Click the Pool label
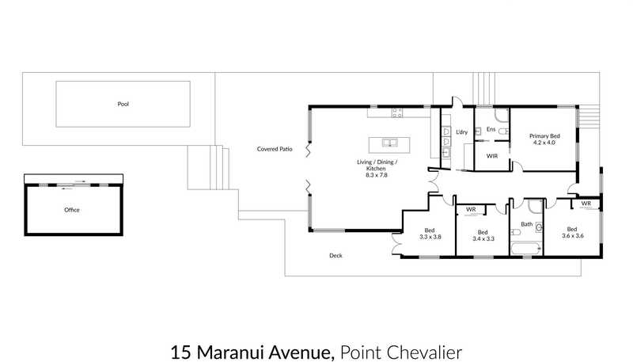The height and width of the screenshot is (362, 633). pyautogui.click(x=123, y=104)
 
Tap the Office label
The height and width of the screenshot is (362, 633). pyautogui.click(x=72, y=210)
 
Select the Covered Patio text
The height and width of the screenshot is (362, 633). pyautogui.click(x=275, y=149)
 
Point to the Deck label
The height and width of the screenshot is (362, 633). pyautogui.click(x=335, y=255)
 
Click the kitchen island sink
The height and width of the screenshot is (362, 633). pyautogui.click(x=389, y=143)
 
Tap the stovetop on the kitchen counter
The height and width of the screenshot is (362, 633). pyautogui.click(x=397, y=112)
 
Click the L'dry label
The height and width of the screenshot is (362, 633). pyautogui.click(x=462, y=132)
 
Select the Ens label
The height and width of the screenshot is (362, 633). pyautogui.click(x=491, y=129)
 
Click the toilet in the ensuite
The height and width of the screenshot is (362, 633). pyautogui.click(x=504, y=131)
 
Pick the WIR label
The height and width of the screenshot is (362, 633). pyautogui.click(x=492, y=156)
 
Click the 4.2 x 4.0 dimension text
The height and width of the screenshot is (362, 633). pyautogui.click(x=544, y=143)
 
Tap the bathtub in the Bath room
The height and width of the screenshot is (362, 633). pyautogui.click(x=525, y=249)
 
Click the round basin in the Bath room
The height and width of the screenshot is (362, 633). pyautogui.click(x=539, y=228)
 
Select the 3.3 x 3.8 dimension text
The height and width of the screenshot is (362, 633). pyautogui.click(x=430, y=237)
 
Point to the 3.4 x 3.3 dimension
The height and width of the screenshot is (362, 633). pyautogui.click(x=483, y=238)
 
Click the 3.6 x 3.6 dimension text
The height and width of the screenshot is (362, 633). pyautogui.click(x=572, y=236)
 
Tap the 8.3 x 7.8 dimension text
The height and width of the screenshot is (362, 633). pyautogui.click(x=377, y=175)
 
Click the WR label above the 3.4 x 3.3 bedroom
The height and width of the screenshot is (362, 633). pyautogui.click(x=471, y=209)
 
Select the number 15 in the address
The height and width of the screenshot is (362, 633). pyautogui.click(x=181, y=352)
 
